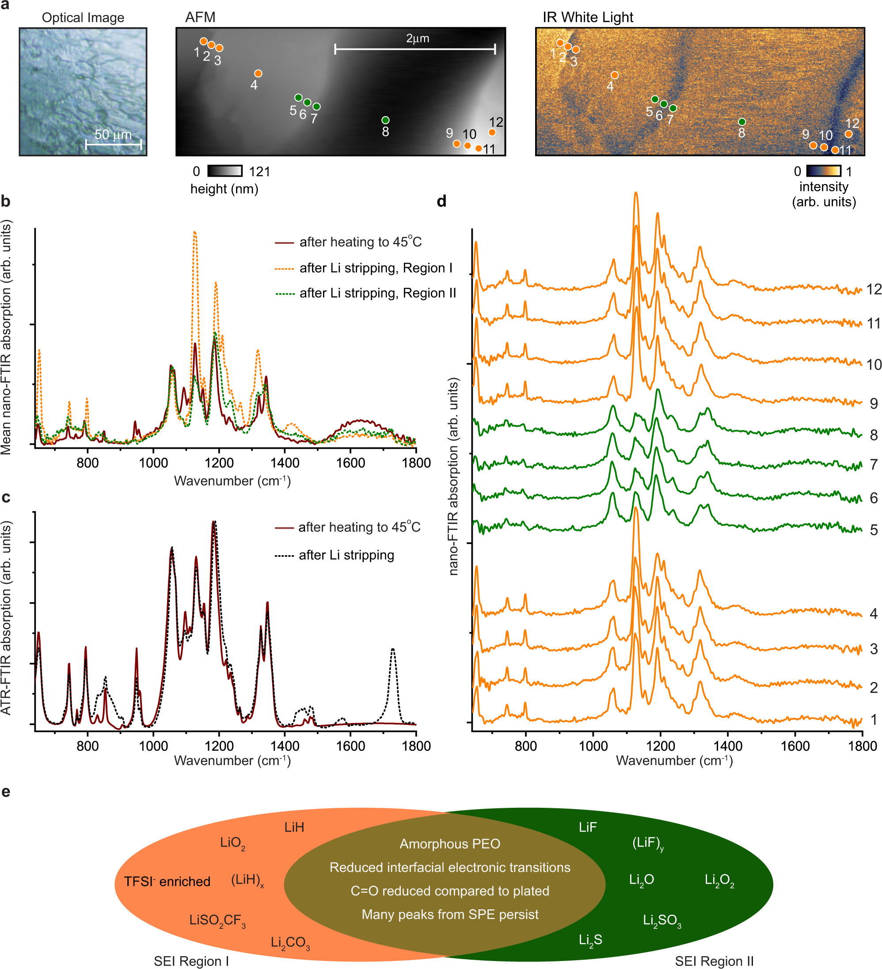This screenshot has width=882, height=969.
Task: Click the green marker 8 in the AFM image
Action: [x=385, y=120]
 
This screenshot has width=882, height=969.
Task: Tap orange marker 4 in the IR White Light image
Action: [x=614, y=76]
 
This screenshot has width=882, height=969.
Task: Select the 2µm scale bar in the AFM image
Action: [x=414, y=49]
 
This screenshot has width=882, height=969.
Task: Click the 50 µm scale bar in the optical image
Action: [x=114, y=144]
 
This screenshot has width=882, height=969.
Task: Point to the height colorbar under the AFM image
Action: [x=224, y=170]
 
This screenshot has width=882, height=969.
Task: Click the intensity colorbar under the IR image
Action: [x=823, y=170]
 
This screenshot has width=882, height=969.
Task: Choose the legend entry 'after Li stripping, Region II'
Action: [x=377, y=293]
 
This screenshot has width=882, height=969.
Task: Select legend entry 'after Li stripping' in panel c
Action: [x=346, y=555]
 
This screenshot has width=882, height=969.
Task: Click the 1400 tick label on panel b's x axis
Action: [x=285, y=463]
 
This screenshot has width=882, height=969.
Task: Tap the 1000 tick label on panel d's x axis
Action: [x=593, y=746]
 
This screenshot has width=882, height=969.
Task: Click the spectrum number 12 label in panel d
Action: [x=873, y=289]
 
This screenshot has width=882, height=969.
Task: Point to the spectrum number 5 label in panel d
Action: [x=873, y=530]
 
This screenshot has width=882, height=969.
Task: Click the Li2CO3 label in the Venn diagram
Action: [x=290, y=943]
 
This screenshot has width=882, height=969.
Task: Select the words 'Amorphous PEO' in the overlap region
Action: [x=450, y=844]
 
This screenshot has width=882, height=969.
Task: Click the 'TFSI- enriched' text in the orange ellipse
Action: [x=167, y=882]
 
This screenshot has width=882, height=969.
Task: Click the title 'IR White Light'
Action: [x=587, y=17]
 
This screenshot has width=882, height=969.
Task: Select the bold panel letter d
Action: [x=441, y=201]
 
